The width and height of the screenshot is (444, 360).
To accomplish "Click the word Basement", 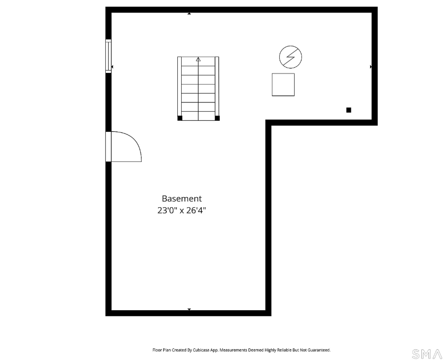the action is (182, 199).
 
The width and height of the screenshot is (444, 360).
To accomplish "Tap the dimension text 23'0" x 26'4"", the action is (182, 211).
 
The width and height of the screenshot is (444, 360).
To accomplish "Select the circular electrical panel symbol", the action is (290, 57).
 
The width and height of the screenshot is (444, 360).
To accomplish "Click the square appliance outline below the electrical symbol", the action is (283, 85).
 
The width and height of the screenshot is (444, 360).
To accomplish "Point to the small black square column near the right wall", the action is (349, 110).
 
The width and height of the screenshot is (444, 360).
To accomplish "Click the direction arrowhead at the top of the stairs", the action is (198, 59).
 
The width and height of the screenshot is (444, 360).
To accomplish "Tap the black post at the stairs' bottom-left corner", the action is (180, 118).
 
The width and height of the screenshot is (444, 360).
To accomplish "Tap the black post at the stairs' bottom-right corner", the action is (217, 118).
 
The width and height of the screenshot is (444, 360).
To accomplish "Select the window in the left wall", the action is (108, 56).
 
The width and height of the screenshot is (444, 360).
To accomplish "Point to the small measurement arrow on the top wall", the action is (189, 14).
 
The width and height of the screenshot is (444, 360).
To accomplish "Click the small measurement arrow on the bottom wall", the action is (189, 309).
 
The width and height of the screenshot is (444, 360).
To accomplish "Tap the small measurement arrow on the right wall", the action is (371, 67).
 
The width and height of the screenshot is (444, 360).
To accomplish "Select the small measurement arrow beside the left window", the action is (112, 67).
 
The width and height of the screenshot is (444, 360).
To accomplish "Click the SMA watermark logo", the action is (427, 354).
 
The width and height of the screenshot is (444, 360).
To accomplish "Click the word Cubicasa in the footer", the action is (201, 350).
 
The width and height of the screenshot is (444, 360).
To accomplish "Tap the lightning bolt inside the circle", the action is (290, 57).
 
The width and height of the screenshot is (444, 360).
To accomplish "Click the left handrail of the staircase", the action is (179, 86).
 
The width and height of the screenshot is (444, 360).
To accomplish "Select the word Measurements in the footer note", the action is (233, 350).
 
